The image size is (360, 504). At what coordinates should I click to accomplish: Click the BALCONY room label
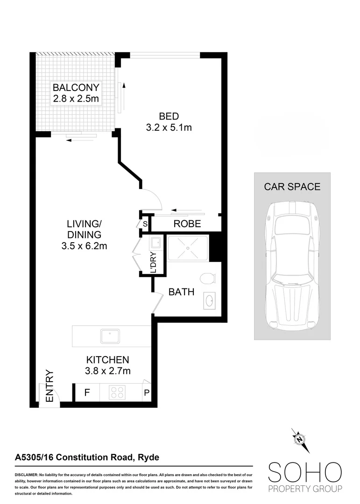[x=76, y=87]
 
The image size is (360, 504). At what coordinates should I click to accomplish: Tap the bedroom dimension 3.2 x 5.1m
[x=169, y=127]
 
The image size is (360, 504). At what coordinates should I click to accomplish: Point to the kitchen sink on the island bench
[x=110, y=336]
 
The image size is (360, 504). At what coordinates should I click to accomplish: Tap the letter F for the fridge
[x=87, y=393]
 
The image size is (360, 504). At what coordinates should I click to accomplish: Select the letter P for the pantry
[x=146, y=393]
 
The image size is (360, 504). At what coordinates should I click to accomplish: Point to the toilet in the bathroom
[x=207, y=279]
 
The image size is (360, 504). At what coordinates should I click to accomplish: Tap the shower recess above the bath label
[x=188, y=247]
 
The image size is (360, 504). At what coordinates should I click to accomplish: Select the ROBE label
[x=187, y=224]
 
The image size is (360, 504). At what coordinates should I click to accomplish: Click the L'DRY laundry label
[x=155, y=262]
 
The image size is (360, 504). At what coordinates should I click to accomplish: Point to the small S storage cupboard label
[x=145, y=224]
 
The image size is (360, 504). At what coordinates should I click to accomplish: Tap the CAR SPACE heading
[x=292, y=187]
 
